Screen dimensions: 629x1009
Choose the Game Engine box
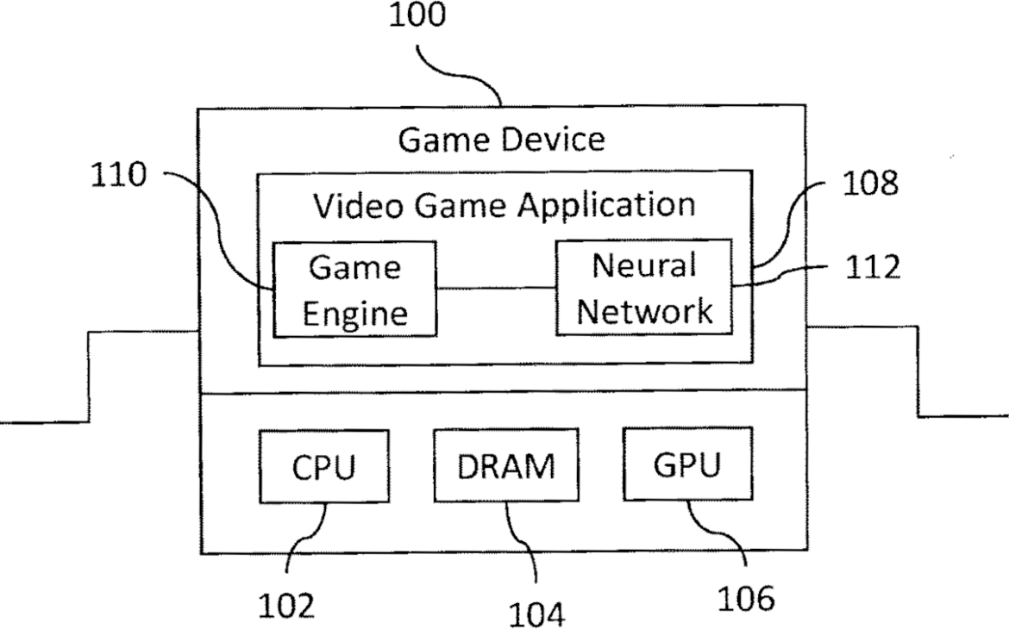pyautogui.click(x=354, y=289)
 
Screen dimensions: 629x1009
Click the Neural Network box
pyautogui.click(x=644, y=286)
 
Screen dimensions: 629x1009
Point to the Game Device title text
pyautogui.click(x=501, y=138)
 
